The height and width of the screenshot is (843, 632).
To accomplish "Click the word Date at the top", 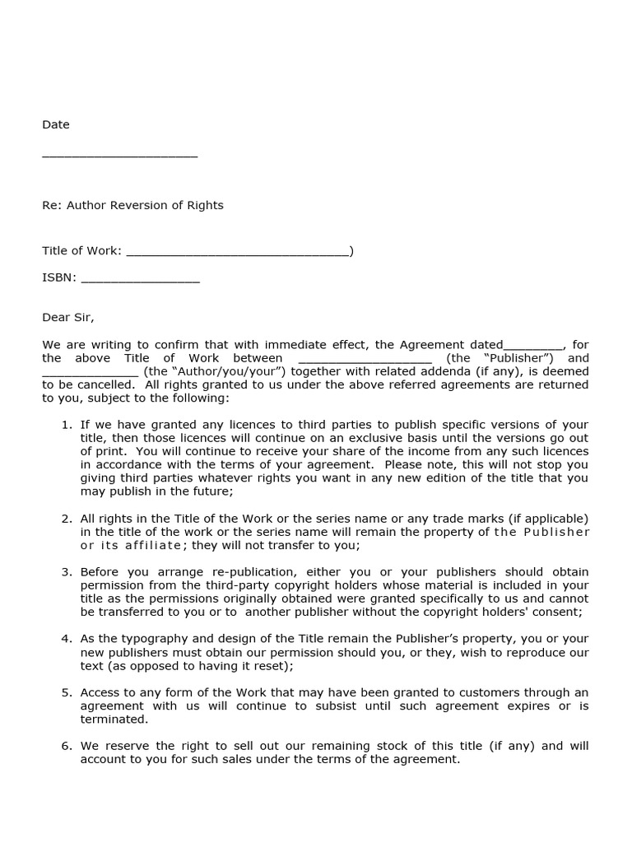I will tap(56, 124).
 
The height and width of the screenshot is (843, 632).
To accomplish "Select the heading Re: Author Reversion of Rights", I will tap(132, 205).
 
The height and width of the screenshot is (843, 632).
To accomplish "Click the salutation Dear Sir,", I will tap(68, 317).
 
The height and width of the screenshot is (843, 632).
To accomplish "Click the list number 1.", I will tap(67, 425).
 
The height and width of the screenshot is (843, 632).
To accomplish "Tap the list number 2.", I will tap(67, 519).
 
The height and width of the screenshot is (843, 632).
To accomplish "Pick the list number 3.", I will tap(67, 571).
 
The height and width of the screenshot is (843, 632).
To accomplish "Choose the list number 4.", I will tap(67, 639).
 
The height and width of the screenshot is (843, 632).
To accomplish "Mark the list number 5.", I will tap(67, 692).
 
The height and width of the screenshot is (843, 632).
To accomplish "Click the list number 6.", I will tap(67, 746).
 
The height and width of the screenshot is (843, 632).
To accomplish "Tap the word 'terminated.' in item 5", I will tap(114, 719).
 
